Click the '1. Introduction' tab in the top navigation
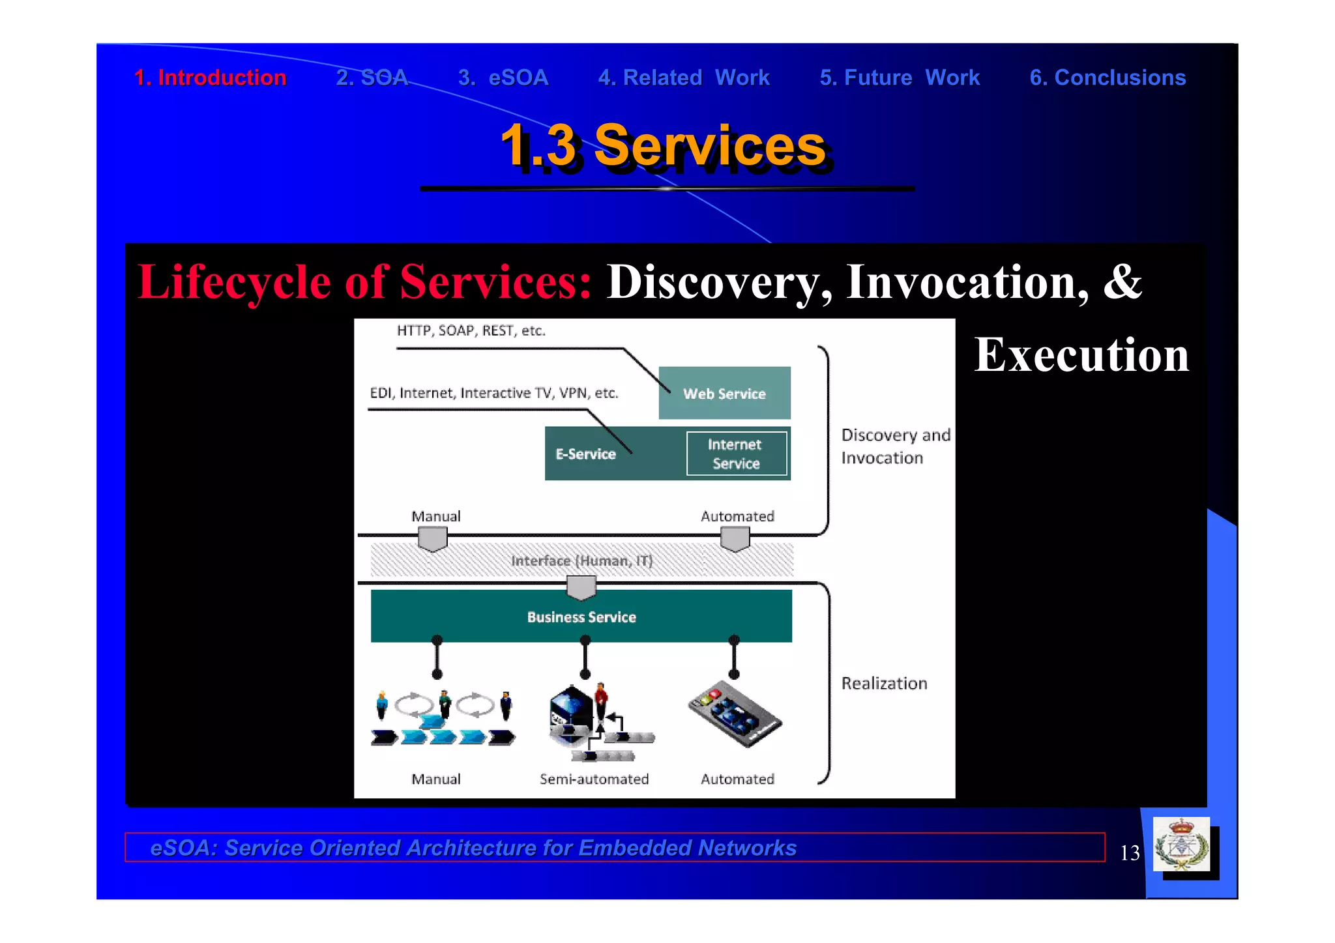point(210,78)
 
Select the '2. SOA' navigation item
point(372,78)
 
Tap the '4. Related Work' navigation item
point(684,78)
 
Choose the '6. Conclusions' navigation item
point(1107,78)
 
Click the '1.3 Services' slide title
point(663,146)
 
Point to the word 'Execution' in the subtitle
point(1081,355)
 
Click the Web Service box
point(724,393)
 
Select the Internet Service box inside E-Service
point(736,454)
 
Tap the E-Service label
point(585,454)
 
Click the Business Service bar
point(581,617)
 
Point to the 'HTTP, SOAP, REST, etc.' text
point(471,330)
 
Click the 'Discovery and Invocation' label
point(894,446)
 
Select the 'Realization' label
point(883,683)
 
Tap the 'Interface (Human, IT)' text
point(581,560)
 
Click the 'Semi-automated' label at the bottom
point(594,779)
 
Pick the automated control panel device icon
point(735,714)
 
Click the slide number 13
point(1130,852)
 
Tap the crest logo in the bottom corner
point(1181,845)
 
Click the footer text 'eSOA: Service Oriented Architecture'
point(473,848)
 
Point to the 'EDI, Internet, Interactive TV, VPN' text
point(493,393)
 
